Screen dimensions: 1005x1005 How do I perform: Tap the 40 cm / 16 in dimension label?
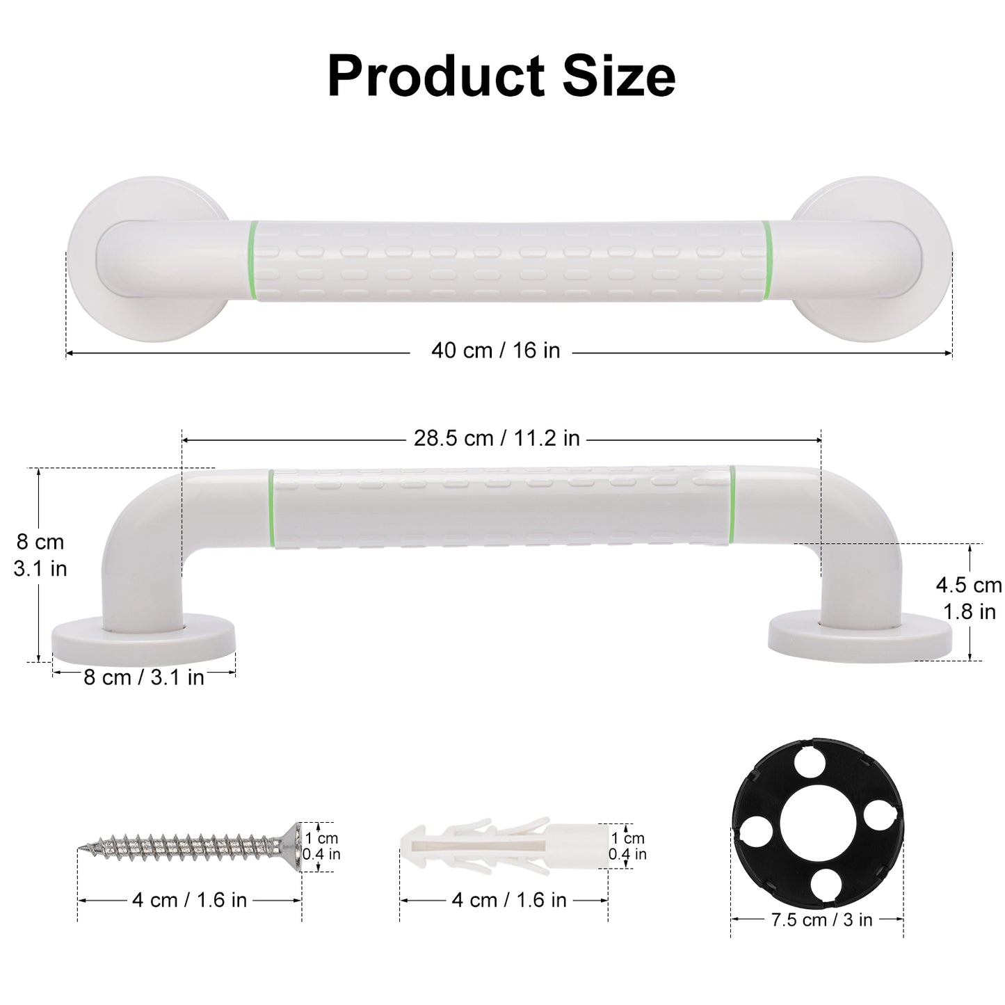coord(495,351)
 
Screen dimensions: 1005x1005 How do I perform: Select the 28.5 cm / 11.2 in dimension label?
coord(497,438)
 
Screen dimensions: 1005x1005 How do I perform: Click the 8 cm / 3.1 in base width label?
coord(144,677)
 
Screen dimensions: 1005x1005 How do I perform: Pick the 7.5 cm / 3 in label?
coord(821,919)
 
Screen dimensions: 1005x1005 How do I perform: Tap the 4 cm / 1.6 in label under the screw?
coord(189,900)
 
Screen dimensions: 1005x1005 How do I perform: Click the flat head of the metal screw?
coord(294,846)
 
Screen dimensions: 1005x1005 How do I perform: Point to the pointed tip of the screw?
coord(81,848)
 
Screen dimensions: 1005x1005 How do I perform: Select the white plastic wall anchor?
coord(501,845)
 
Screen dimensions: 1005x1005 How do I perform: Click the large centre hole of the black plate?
coord(817,826)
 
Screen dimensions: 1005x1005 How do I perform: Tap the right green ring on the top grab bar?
coord(766,261)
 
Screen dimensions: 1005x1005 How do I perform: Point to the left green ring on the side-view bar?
coord(271,508)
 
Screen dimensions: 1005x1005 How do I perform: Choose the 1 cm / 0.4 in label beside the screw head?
coord(321,846)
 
